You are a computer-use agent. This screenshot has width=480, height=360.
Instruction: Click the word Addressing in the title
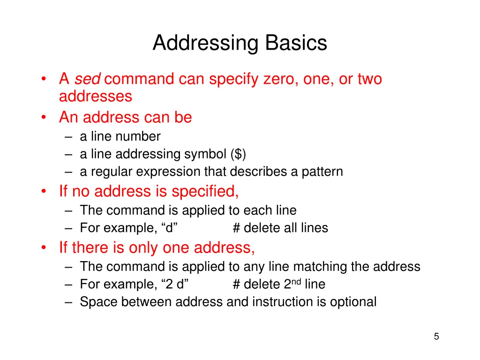point(206,44)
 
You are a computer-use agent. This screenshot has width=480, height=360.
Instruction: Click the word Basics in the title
point(296,43)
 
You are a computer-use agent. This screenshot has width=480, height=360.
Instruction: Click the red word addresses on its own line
point(96,97)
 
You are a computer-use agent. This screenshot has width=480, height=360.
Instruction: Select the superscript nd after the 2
point(296,281)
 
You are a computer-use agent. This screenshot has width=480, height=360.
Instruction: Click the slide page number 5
point(436,336)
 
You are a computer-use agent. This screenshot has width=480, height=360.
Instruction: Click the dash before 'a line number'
point(69,136)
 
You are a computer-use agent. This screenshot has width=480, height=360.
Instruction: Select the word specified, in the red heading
point(205,191)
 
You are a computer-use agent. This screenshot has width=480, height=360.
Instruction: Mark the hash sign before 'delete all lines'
point(236,228)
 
